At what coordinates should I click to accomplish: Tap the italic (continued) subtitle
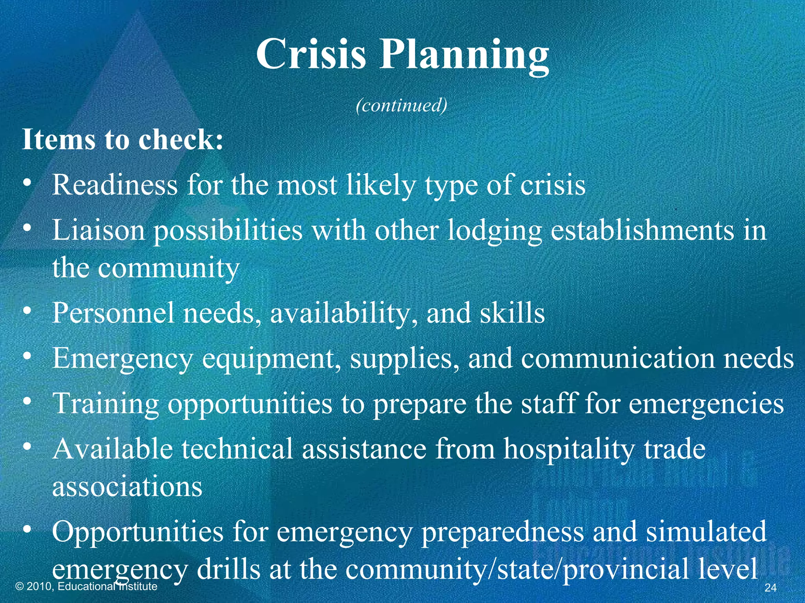pos(401,105)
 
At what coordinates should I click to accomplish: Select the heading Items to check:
pos(123,140)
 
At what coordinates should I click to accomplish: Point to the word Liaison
pos(98,230)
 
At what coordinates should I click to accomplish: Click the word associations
pos(127,487)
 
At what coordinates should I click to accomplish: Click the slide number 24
pos(770,588)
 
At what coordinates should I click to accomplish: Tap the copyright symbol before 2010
pos(19,587)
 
